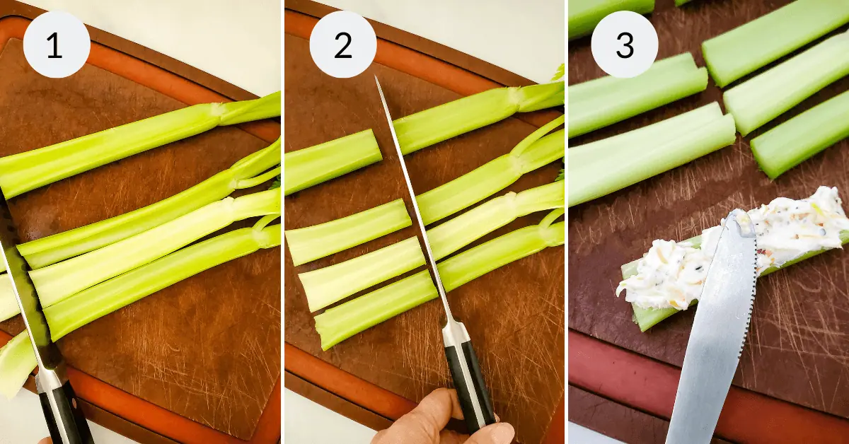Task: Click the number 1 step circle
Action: coord(56,45)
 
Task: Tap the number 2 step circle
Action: coord(342,45)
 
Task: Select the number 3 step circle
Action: coord(624,45)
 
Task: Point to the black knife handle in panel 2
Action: coord(468,385)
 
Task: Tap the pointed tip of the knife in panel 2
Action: coord(376,78)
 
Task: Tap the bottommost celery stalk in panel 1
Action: coord(156,283)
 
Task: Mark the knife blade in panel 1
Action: coord(28,297)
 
